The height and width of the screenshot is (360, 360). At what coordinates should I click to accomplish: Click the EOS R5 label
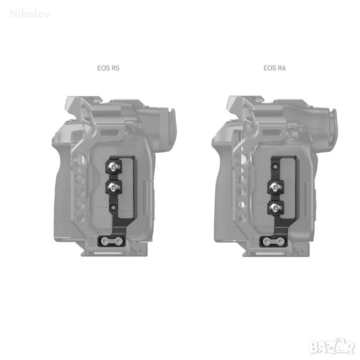point(108,68)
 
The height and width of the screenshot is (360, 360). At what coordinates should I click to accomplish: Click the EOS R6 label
point(275,68)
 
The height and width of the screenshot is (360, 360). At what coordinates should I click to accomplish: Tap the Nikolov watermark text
point(30,14)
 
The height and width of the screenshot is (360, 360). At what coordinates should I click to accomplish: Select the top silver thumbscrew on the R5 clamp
point(112,166)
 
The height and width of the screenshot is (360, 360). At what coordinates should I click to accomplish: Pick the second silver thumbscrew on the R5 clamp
point(113,186)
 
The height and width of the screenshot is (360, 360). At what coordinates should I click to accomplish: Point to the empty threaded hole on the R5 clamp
point(113,207)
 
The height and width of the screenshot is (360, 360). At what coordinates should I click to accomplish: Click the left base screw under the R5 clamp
point(105,241)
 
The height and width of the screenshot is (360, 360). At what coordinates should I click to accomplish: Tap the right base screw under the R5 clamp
point(119,241)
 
